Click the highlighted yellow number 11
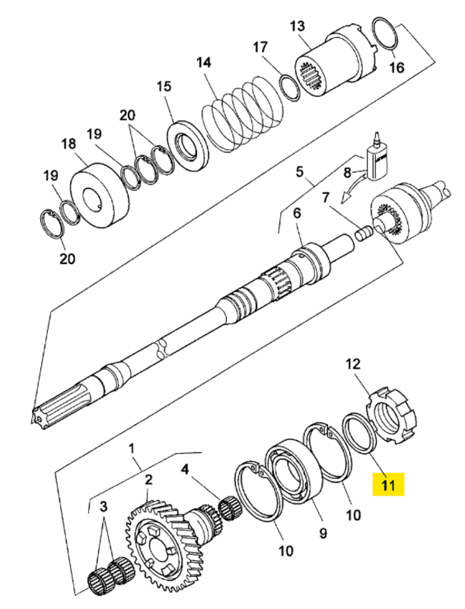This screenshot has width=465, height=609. [389, 483]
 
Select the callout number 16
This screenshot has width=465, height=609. [397, 68]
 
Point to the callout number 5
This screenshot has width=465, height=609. [299, 171]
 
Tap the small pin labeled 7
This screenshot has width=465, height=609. [364, 230]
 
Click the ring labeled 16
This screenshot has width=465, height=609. [387, 33]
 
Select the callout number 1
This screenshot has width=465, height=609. [135, 445]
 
